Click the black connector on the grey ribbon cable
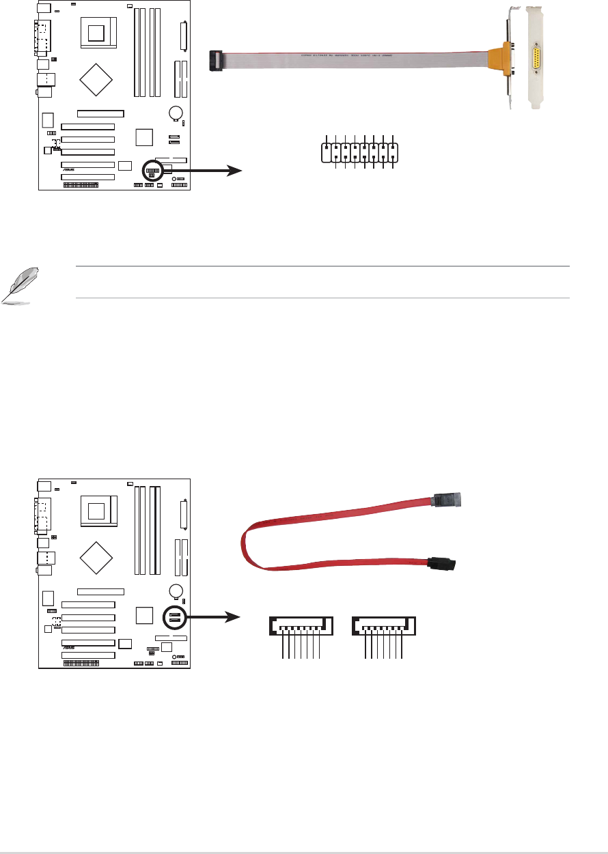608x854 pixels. pyautogui.click(x=217, y=59)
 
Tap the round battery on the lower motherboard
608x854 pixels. pyautogui.click(x=177, y=590)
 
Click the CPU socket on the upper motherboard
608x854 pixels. pyautogui.click(x=98, y=31)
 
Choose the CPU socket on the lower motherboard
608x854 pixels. pyautogui.click(x=98, y=511)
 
